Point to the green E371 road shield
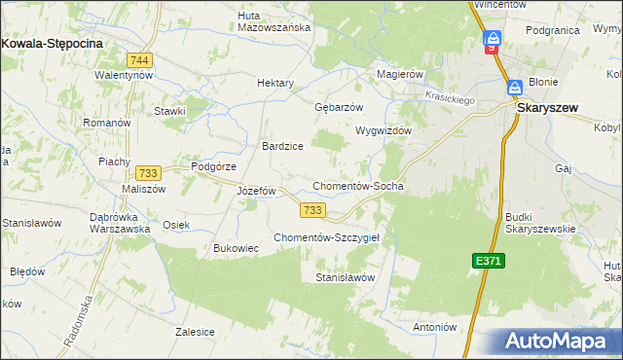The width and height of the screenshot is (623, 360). click(490, 261)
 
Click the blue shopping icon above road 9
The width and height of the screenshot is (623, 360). click(493, 39)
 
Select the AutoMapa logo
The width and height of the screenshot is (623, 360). click(558, 341)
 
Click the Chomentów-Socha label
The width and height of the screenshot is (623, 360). click(357, 186)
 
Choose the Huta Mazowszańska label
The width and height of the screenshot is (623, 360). click(275, 20)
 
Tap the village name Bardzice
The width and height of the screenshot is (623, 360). click(282, 146)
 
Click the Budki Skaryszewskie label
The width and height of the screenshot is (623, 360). click(540, 223)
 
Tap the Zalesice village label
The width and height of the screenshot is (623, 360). click(195, 332)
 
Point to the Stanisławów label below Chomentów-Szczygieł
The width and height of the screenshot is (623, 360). click(345, 278)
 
